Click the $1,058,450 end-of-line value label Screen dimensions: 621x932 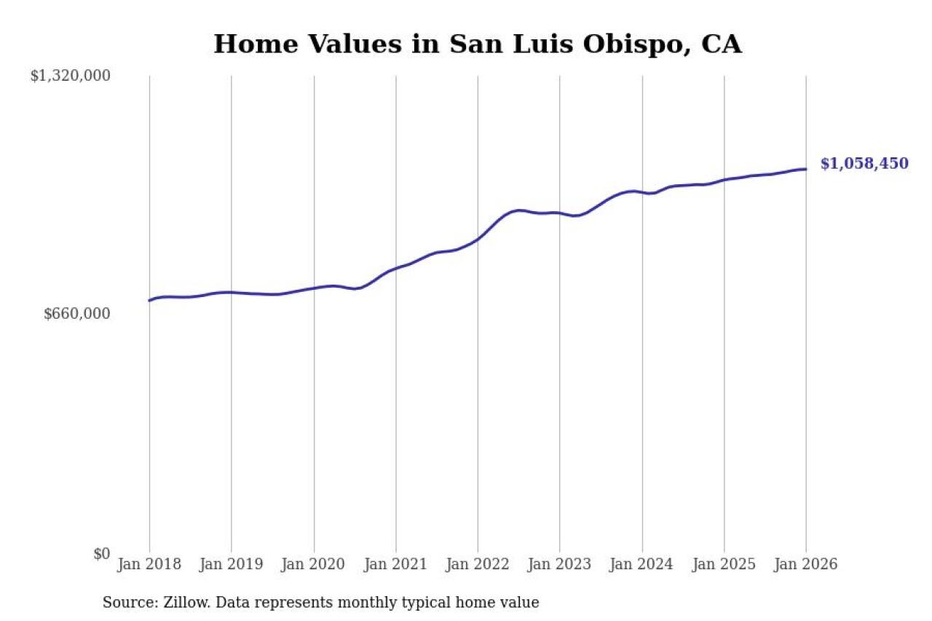click(864, 164)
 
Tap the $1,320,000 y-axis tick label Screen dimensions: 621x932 click(70, 76)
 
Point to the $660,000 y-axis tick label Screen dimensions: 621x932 click(76, 314)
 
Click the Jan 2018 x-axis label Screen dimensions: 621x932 click(149, 564)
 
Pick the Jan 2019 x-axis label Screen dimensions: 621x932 click(232, 564)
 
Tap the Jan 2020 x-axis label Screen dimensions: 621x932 click(314, 564)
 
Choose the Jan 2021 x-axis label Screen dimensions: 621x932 click(396, 564)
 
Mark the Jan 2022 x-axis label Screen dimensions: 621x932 click(478, 564)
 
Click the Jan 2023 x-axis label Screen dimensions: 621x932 click(560, 564)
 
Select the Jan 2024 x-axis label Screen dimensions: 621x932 click(642, 564)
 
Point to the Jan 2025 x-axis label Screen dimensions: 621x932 click(724, 564)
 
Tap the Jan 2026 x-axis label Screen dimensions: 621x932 click(806, 564)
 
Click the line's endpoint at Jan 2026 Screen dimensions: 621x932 click(806, 169)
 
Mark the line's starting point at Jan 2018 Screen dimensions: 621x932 click(149, 300)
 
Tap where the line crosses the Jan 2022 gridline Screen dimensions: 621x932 click(478, 239)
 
